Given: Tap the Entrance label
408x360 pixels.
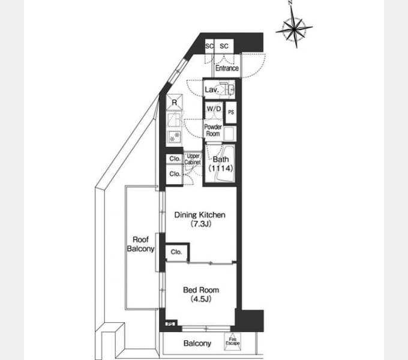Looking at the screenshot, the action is pos(227,68).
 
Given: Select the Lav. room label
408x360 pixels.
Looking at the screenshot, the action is pos(212,90).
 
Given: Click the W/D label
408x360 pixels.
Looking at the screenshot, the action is pos(214,109).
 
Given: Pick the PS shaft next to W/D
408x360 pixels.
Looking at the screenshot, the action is pos(231,112).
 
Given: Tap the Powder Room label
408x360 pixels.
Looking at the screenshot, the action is pos(213,130).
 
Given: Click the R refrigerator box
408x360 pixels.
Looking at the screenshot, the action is pos(175,102).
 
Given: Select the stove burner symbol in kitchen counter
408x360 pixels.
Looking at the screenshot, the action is pos(175,137).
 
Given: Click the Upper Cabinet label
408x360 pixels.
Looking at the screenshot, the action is pos(193,159).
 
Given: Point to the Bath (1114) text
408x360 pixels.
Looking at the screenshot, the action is pos(221,164).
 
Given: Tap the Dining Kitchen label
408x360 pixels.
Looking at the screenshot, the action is pos(200,215).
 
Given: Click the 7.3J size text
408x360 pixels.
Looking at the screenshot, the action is pos(200,224).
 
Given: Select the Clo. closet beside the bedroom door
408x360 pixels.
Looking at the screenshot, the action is pos(176,252).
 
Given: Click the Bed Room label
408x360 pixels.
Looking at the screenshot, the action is pos(201,290).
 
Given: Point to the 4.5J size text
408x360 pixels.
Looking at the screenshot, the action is pos(201,299).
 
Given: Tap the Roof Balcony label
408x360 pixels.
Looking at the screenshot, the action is pos(140,244).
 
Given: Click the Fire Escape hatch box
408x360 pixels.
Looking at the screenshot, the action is pos(232,341).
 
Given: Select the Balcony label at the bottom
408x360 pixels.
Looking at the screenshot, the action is pos(197,343).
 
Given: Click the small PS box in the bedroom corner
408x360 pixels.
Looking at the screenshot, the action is pos(170,324).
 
